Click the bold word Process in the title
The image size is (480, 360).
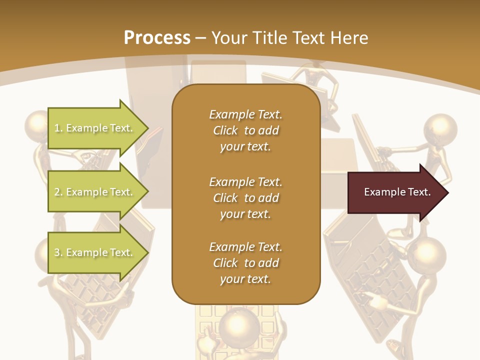[157, 37]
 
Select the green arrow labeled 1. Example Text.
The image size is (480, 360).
[95, 128]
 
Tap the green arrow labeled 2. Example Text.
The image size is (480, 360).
[95, 192]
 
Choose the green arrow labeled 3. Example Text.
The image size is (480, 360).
[95, 252]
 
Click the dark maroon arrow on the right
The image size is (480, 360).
[395, 192]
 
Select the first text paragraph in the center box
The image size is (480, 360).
[245, 130]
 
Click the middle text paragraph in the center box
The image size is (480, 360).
[245, 198]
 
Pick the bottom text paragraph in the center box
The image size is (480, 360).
[245, 263]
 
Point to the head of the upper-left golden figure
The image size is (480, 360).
[37, 125]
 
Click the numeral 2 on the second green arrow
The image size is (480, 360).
[56, 192]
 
